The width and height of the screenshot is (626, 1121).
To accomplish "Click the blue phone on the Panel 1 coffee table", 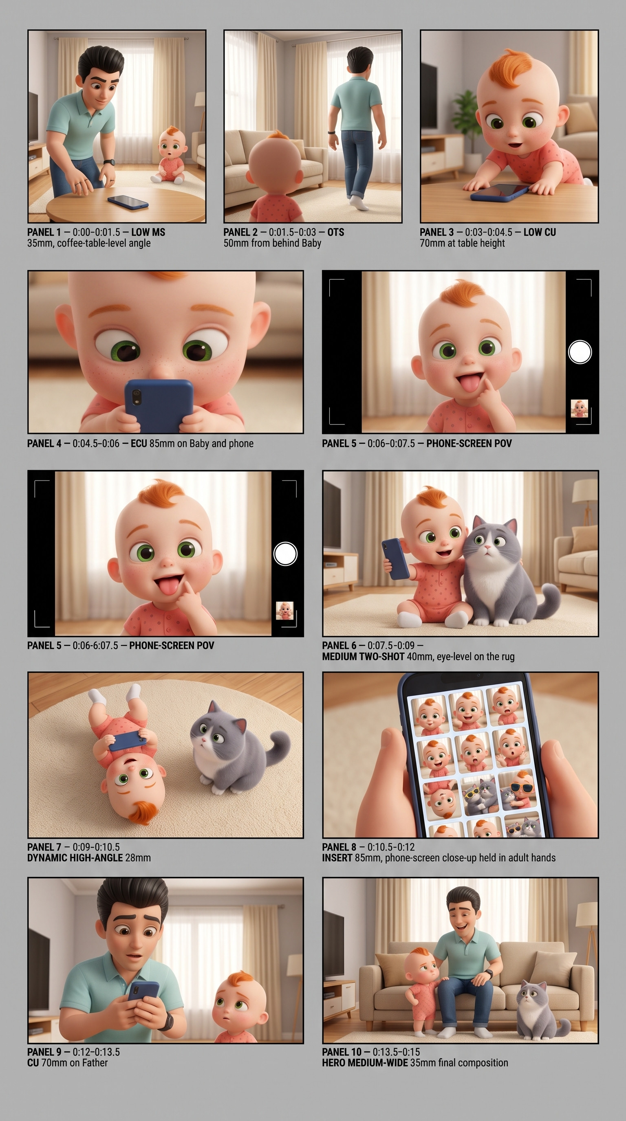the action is coord(128,202).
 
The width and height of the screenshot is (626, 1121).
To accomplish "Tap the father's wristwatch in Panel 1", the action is coord(109,163).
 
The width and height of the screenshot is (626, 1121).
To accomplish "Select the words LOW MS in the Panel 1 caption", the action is coord(148,232).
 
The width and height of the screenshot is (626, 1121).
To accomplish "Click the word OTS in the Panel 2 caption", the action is coord(336,232).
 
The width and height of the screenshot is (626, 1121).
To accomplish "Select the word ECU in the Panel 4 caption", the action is coord(139,444).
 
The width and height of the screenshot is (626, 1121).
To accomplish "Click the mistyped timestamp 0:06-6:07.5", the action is coord(95,645).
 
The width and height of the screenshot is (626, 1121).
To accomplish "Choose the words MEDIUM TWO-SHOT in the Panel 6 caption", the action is coord(363,657).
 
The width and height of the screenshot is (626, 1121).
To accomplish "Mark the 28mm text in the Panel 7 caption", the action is coord(138,858).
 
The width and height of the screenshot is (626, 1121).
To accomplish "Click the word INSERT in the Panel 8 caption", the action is coord(337,858).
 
